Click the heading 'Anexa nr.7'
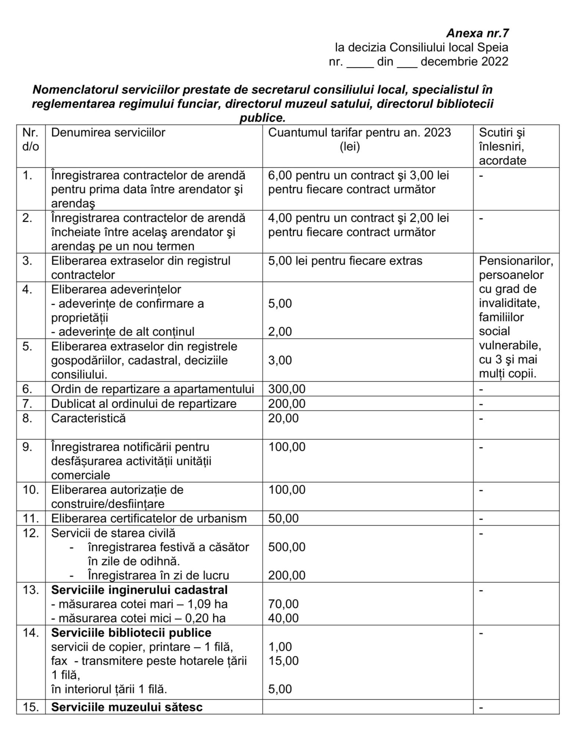[477, 33]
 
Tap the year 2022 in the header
[495, 61]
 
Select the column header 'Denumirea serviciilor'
[108, 133]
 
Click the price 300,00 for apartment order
[287, 389]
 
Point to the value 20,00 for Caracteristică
[283, 418]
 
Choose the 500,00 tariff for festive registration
[287, 547]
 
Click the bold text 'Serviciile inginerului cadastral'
[139, 590]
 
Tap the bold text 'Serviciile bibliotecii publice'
[131, 633]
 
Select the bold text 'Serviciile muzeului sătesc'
[127, 707]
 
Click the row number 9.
[27, 447]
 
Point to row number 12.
[31, 533]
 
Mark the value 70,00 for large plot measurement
[283, 604]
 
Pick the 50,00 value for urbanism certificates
[283, 518]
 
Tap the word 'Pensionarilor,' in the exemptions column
[516, 261]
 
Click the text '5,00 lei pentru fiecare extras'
[345, 261]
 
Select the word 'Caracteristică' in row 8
[88, 418]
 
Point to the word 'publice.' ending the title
[262, 118]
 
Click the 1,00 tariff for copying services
[280, 647]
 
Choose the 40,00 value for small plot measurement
[283, 618]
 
